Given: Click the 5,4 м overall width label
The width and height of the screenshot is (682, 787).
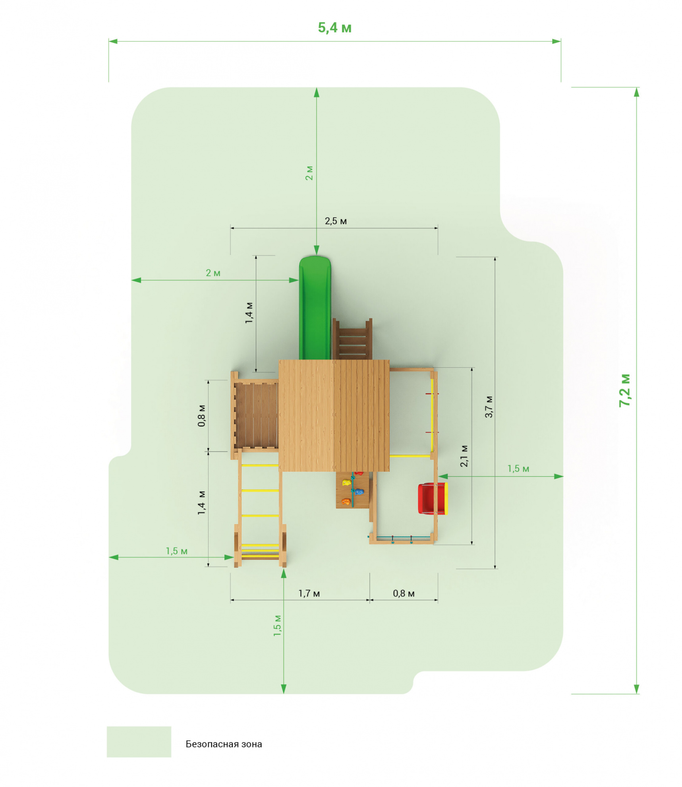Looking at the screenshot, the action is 334,27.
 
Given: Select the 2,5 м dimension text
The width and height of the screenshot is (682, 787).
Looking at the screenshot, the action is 336,221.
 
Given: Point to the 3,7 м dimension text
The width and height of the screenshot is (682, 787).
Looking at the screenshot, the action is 489,407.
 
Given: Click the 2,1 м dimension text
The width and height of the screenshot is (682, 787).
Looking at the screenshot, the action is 464,456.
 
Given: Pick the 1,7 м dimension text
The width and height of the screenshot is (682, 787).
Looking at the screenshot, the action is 309,593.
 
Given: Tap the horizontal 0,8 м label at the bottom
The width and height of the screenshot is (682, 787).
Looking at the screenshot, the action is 404,593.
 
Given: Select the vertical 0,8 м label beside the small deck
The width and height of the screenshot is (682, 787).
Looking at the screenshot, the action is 202,416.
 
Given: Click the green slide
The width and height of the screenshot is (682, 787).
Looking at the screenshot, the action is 315,308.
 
